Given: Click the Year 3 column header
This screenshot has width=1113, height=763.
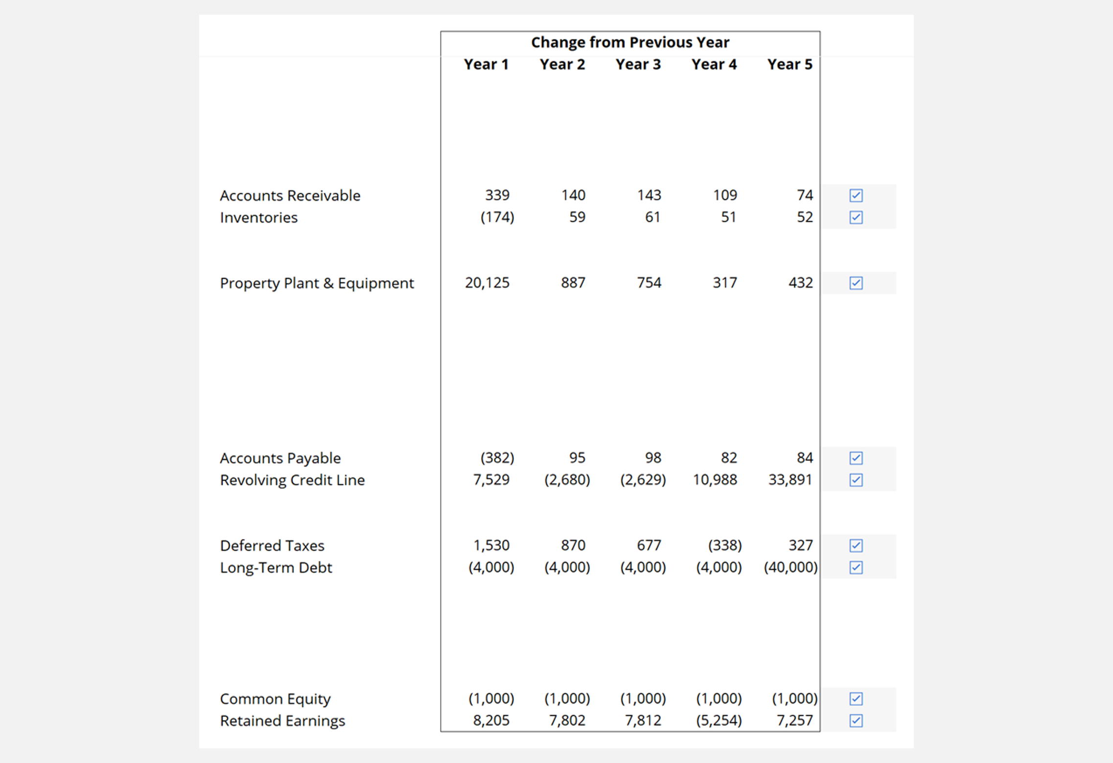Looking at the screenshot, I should click(x=638, y=65).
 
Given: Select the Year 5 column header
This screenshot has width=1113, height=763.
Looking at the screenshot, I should click(x=789, y=65).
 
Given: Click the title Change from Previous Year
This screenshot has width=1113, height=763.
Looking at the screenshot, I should click(x=630, y=43).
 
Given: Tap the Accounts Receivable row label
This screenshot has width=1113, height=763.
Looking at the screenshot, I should click(x=290, y=196).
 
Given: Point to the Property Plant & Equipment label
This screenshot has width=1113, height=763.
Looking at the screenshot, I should click(x=317, y=283).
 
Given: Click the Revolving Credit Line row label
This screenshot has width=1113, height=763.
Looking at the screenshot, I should click(x=292, y=480).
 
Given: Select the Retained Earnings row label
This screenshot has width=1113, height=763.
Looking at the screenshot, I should click(x=282, y=721).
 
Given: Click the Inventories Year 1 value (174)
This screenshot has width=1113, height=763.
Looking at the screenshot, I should click(x=497, y=217).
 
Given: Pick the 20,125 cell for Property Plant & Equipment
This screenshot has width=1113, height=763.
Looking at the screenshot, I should click(x=487, y=283).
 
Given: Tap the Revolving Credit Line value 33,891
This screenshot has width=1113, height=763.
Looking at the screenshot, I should click(x=790, y=480).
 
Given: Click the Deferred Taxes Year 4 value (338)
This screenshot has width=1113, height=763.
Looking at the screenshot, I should click(x=724, y=545).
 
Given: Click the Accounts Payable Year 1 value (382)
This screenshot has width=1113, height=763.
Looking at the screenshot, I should click(x=497, y=458).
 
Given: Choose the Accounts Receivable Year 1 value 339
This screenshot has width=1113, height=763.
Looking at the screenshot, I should click(x=497, y=195).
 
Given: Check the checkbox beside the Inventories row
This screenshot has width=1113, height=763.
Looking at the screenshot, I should click(x=856, y=217).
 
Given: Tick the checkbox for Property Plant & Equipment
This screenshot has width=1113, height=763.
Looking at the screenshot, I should click(x=856, y=283).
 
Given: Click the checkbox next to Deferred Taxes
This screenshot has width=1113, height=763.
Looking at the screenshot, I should click(x=856, y=545).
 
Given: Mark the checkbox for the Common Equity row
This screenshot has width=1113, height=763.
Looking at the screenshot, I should click(x=856, y=699).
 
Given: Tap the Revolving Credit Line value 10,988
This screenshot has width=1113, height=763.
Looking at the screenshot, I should click(x=715, y=480).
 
